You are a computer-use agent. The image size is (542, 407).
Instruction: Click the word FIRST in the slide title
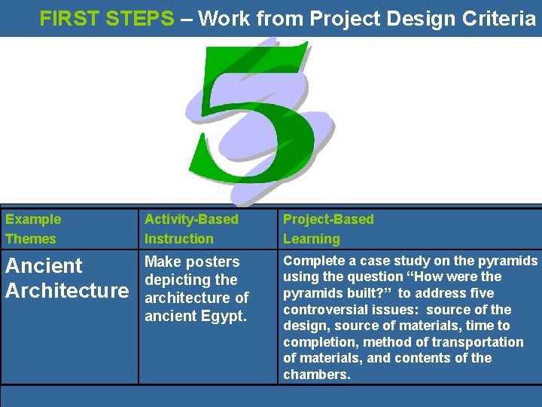click(x=69, y=18)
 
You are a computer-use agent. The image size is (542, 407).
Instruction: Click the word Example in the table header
click(x=33, y=219)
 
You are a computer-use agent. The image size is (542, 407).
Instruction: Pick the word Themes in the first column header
click(x=31, y=239)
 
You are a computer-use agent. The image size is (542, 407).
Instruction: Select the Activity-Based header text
click(x=191, y=219)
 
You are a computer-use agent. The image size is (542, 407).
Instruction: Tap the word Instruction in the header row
click(x=179, y=239)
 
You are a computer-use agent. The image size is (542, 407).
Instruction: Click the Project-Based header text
click(x=328, y=219)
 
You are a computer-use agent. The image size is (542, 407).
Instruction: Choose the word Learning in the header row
click(x=312, y=239)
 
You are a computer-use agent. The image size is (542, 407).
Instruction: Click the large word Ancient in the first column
click(x=44, y=265)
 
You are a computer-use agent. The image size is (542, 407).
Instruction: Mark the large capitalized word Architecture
click(x=67, y=290)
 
